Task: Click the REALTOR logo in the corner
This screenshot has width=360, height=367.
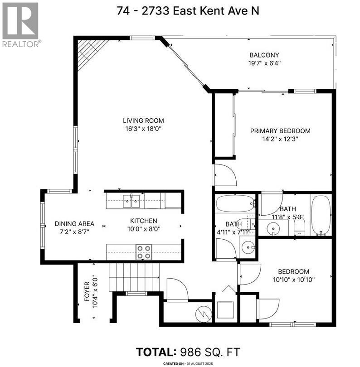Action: pyautogui.click(x=21, y=24)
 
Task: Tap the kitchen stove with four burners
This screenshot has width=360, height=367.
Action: pyautogui.click(x=144, y=252)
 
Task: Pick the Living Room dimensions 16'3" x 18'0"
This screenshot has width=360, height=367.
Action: pyautogui.click(x=143, y=129)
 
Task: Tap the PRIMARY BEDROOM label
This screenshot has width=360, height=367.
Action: pyautogui.click(x=280, y=131)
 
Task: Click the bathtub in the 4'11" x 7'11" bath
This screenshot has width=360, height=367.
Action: pyautogui.click(x=234, y=203)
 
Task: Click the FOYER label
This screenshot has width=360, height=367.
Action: pyautogui.click(x=87, y=293)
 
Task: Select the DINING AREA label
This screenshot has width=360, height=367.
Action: pyautogui.click(x=74, y=223)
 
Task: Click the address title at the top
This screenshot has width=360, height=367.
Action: pyautogui.click(x=180, y=11)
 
